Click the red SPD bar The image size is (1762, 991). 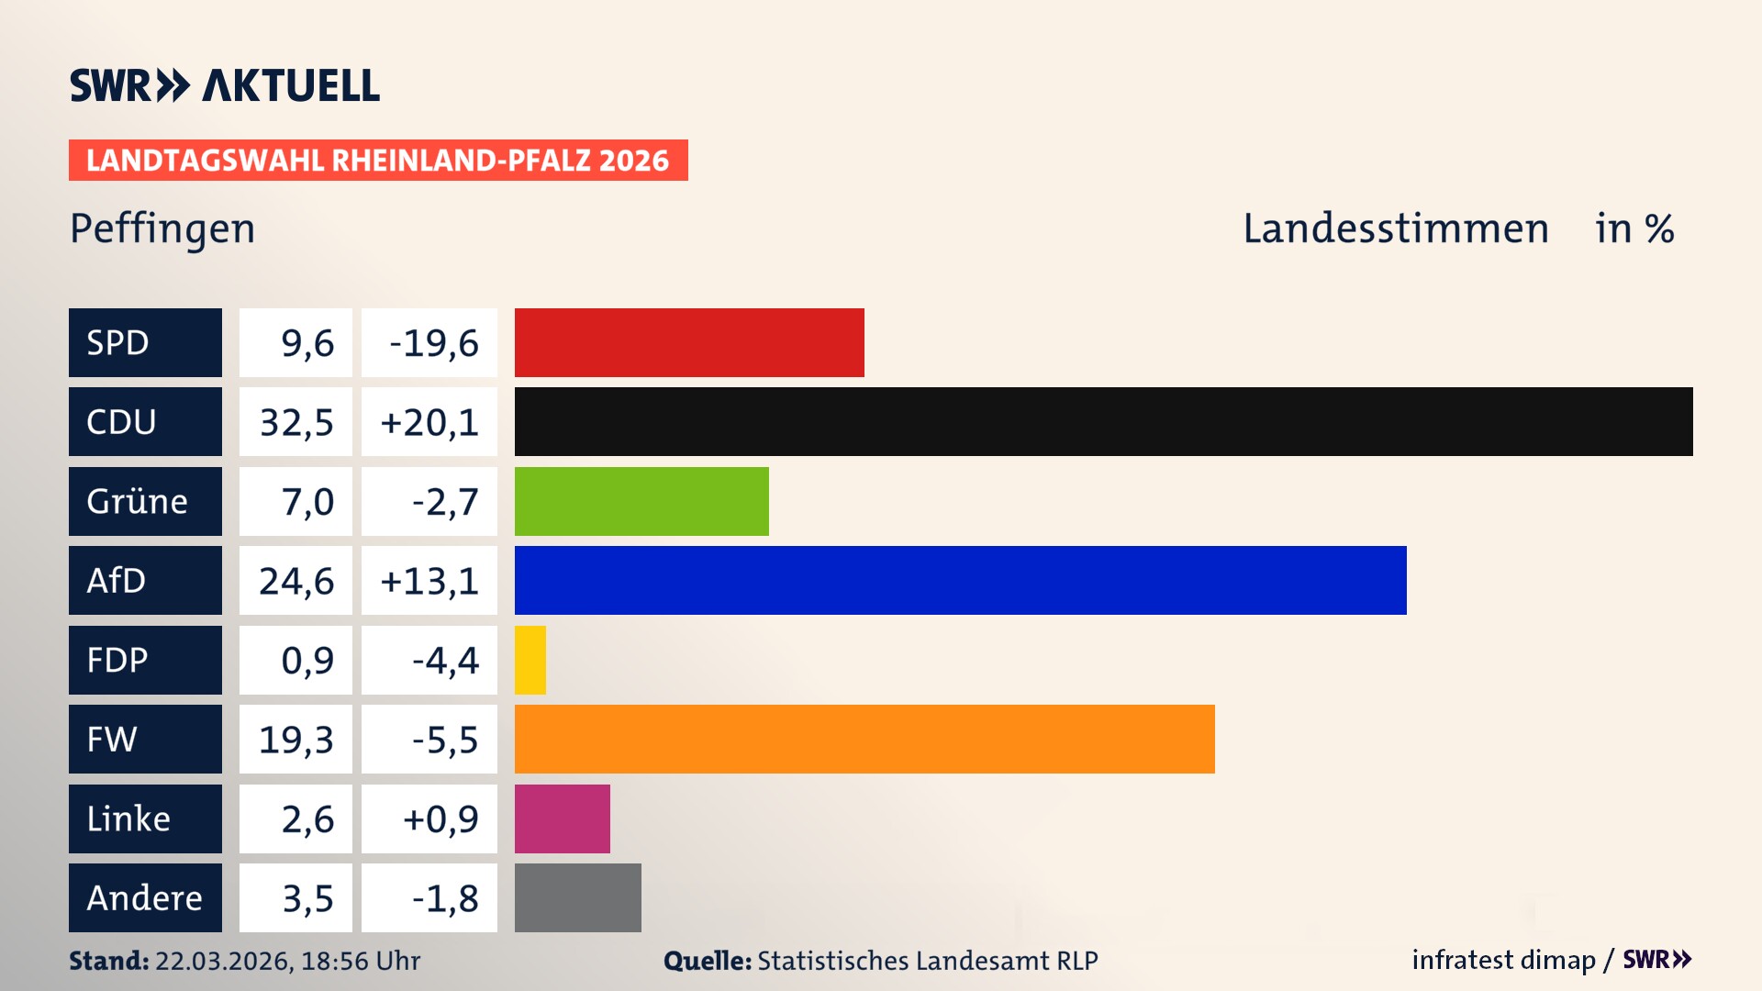click(x=689, y=342)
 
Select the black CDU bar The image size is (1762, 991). click(x=1103, y=421)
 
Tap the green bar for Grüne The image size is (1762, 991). click(x=641, y=501)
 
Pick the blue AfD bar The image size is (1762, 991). click(x=960, y=580)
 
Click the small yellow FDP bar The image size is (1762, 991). click(x=530, y=660)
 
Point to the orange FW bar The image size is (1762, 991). click(x=864, y=739)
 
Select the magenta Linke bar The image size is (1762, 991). click(x=562, y=818)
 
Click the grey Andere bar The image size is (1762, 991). click(x=577, y=897)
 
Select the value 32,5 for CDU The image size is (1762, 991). click(x=296, y=422)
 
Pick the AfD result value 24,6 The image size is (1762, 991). click(x=296, y=581)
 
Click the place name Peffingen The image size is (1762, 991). click(x=162, y=228)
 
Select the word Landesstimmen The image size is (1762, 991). click(x=1395, y=228)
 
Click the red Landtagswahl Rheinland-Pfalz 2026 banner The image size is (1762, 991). click(x=378, y=160)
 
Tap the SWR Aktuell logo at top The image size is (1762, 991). click(x=225, y=85)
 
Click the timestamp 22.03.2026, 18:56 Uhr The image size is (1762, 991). click(x=287, y=961)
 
